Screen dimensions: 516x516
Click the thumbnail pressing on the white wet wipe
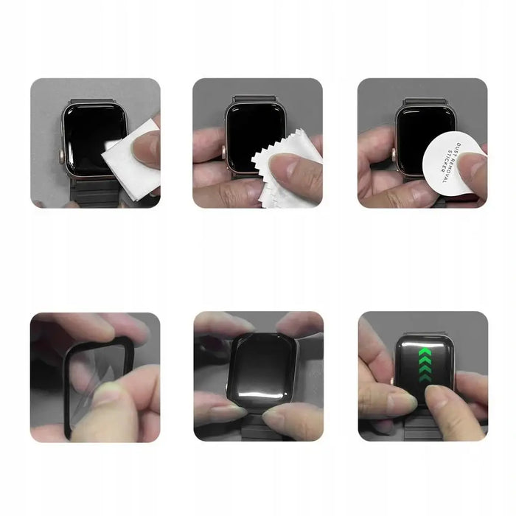pyautogui.click(x=144, y=147)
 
